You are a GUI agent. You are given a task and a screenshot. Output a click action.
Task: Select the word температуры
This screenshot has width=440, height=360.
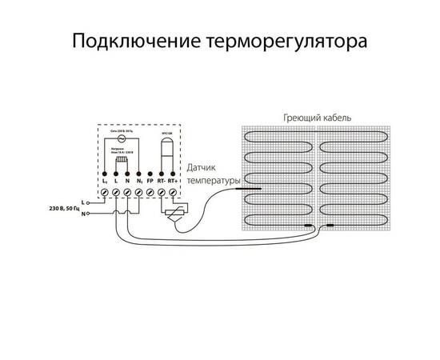pyautogui.click(x=213, y=182)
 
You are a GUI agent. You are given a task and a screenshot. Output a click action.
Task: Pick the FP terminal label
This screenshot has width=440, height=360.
pyautogui.click(x=150, y=182)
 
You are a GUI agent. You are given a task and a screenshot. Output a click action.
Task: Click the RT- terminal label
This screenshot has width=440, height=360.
pyautogui.click(x=162, y=182)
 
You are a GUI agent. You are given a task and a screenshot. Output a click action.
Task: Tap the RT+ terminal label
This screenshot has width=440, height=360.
pyautogui.click(x=174, y=182)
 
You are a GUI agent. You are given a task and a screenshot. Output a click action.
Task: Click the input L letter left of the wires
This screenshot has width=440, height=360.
pyautogui.click(x=84, y=203)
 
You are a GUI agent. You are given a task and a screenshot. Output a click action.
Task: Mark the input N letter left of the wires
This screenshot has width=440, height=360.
pyautogui.click(x=84, y=214)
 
